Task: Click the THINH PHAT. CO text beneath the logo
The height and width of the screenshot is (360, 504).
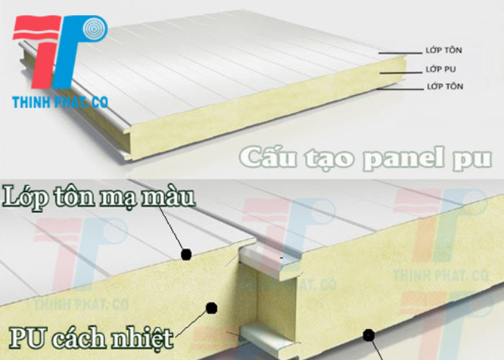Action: click(x=60, y=102)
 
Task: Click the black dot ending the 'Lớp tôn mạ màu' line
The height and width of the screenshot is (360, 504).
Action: click(x=186, y=253)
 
